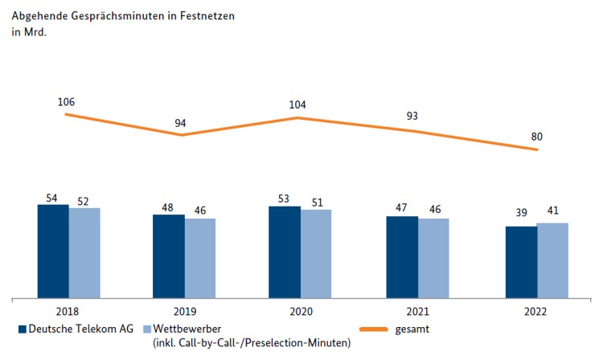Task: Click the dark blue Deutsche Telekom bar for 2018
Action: tap(53, 252)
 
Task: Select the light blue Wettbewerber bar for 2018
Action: tap(84, 253)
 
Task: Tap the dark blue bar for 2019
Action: tap(169, 256)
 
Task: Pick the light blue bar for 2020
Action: tap(316, 254)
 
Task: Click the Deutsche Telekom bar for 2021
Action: tap(402, 257)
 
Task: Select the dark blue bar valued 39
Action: tap(520, 262)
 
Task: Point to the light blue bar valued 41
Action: tap(552, 260)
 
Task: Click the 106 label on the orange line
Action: tap(66, 102)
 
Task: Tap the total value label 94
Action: tap(181, 123)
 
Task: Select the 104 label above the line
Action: tap(297, 104)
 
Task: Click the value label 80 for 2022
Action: tap(537, 136)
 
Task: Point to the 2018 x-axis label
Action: tap(68, 313)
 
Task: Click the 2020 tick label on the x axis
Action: tap(300, 313)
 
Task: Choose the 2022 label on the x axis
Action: tap(535, 313)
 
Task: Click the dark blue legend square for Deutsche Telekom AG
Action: tap(23, 329)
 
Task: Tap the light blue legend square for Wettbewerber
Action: tap(147, 329)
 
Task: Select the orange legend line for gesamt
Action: tap(372, 329)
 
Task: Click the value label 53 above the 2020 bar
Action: tap(284, 198)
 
